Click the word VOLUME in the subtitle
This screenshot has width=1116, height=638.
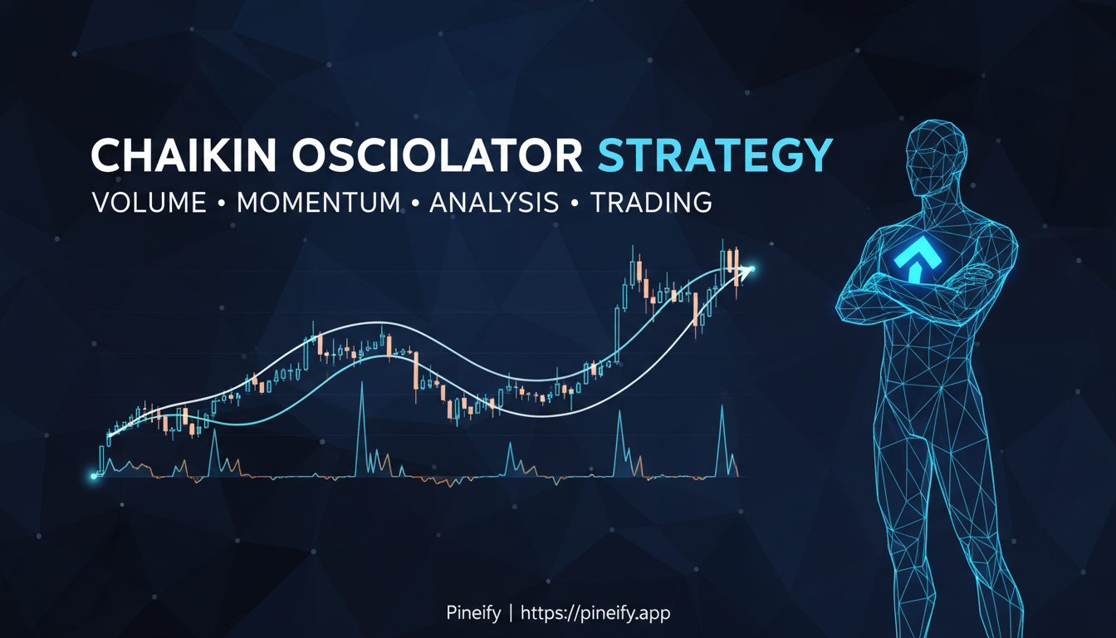pos(149,203)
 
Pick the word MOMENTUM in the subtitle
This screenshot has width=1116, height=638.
pos(318,203)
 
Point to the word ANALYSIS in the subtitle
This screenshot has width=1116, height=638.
pos(494,203)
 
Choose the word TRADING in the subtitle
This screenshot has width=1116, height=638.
pos(651,203)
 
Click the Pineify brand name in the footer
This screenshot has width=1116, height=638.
pos(473,613)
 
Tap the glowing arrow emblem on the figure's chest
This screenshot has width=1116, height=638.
pos(914,258)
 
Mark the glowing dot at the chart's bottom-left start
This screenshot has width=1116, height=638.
pos(94,476)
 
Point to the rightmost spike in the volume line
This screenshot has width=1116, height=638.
pos(722,407)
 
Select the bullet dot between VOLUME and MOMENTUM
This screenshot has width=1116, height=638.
pos(222,204)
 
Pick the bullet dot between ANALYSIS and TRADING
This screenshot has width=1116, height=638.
pos(575,204)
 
